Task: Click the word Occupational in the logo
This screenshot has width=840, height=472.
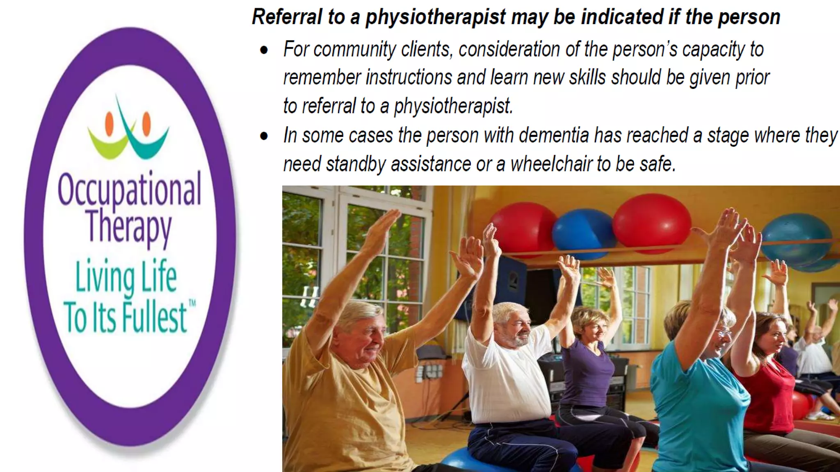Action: point(129,189)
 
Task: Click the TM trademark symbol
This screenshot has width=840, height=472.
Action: point(192,304)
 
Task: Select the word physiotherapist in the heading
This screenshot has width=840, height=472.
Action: point(436,17)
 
